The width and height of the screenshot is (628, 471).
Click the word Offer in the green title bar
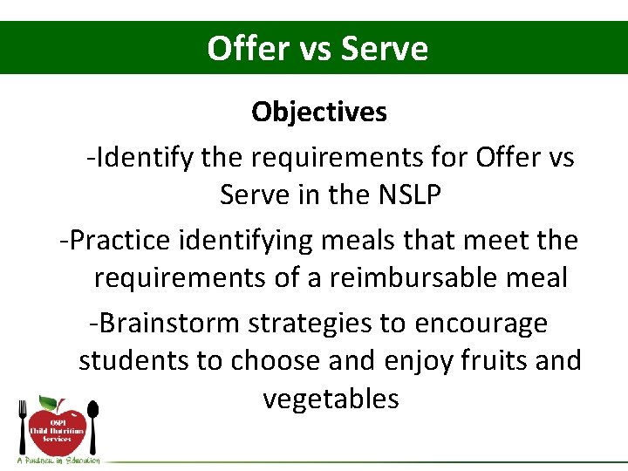pos(248,48)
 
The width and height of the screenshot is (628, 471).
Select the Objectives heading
pos(319,112)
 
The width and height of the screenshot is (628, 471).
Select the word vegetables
pos(331,399)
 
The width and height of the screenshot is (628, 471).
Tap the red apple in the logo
pos(58,433)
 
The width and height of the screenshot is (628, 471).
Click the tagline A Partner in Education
pos(58,460)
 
